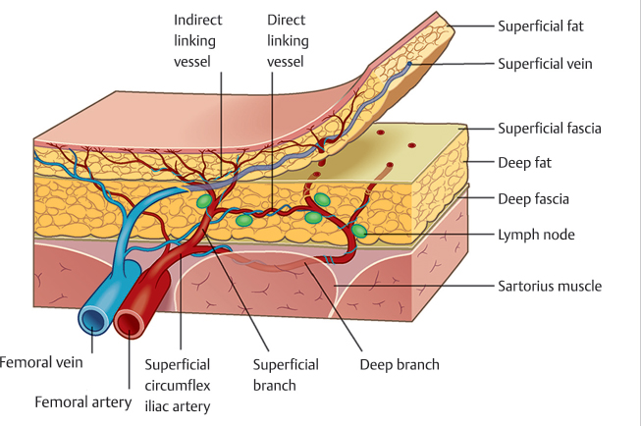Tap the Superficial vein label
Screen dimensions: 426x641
546,64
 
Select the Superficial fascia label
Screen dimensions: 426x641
550,128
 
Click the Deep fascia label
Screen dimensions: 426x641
534,198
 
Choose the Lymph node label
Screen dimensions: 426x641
536,235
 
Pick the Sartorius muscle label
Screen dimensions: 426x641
550,286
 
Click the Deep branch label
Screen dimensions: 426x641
399,364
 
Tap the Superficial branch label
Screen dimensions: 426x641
286,374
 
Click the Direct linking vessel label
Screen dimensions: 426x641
288,41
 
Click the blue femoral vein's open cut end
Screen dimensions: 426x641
94,320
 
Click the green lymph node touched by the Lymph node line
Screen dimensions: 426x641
358,232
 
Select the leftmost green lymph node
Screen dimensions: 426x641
203,201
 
